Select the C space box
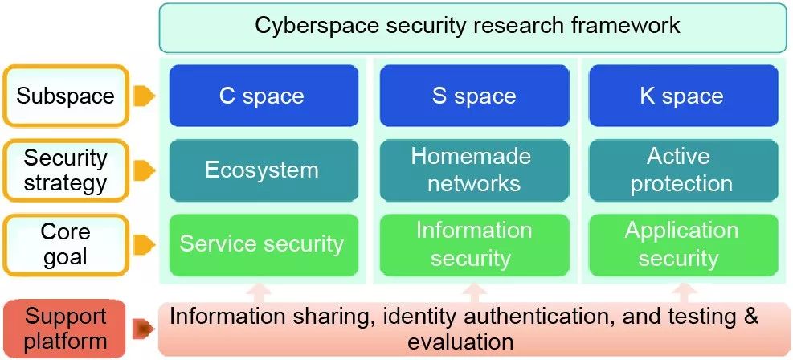pos(263,96)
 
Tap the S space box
pos(473,96)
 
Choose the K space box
pos(683,96)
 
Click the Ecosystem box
pos(263,170)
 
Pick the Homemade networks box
pos(473,170)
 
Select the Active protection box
pos(683,170)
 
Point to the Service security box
pos(263,243)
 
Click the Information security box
pos(473,243)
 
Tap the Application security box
pos(683,243)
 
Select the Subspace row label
pos(66,96)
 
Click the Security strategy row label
pos(66,170)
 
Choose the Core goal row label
pos(66,243)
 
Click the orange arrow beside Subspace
pos(143,96)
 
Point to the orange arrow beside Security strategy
pos(143,170)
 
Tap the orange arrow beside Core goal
pos(143,243)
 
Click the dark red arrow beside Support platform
pos(145,328)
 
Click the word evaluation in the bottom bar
pos(460,342)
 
